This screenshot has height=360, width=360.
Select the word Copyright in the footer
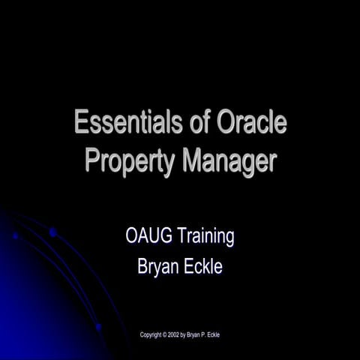[154, 334]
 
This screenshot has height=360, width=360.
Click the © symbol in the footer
[171, 334]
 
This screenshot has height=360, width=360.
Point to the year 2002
[182, 334]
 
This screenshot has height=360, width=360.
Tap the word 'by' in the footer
[195, 334]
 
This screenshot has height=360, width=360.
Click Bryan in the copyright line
[208, 334]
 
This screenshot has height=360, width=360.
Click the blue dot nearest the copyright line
[98, 327]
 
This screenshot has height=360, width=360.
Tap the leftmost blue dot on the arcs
[15, 235]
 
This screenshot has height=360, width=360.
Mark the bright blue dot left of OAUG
[52, 232]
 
